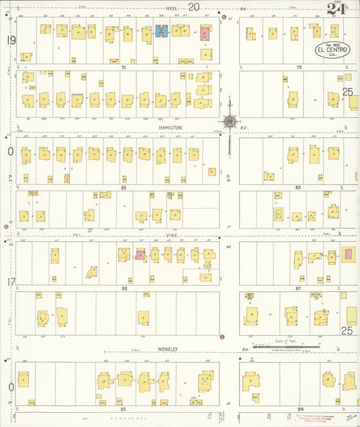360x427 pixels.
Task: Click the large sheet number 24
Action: (336, 9)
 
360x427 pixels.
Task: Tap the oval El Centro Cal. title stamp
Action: (330, 51)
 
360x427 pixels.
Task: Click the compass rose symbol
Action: (230, 122)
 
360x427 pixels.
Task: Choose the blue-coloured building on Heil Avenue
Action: (162, 30)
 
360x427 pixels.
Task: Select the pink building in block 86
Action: (140, 255)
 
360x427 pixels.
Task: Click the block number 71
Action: (124, 68)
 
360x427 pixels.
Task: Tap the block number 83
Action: (124, 187)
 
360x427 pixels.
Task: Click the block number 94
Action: (300, 409)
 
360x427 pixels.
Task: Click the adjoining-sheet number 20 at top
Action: (195, 7)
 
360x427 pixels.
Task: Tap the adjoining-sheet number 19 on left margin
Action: (10, 41)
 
